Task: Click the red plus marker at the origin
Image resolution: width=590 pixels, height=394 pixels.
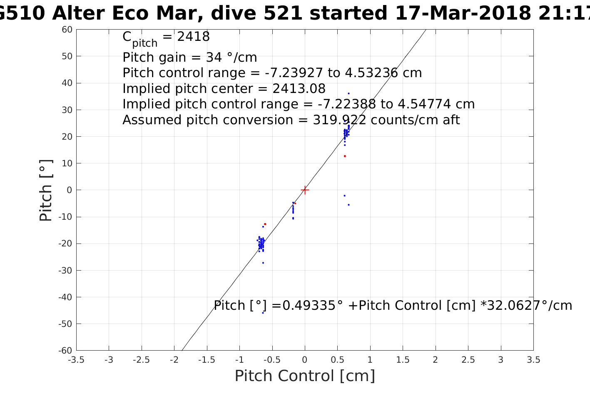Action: coord(305,190)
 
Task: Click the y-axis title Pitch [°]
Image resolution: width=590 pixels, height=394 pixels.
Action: coord(46,190)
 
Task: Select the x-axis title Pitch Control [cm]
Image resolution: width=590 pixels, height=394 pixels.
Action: coord(305,376)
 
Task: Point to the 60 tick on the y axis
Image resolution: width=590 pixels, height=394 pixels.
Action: coord(67,30)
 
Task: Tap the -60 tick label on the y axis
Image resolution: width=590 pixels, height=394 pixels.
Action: coord(66,351)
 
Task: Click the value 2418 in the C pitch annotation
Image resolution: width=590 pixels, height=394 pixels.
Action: coord(193,37)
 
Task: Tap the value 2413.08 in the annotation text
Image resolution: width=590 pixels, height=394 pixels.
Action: coord(299,89)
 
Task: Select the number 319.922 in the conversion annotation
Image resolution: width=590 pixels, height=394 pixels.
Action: coord(339,120)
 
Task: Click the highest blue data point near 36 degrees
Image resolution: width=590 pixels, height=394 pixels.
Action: coord(349,93)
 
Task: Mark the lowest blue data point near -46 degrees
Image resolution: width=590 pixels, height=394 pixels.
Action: coord(263,313)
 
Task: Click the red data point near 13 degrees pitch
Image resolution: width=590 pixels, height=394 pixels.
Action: coord(345,156)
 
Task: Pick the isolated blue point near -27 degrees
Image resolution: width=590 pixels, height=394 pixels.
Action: coord(263,263)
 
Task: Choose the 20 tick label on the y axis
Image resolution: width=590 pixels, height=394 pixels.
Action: coord(67,137)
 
